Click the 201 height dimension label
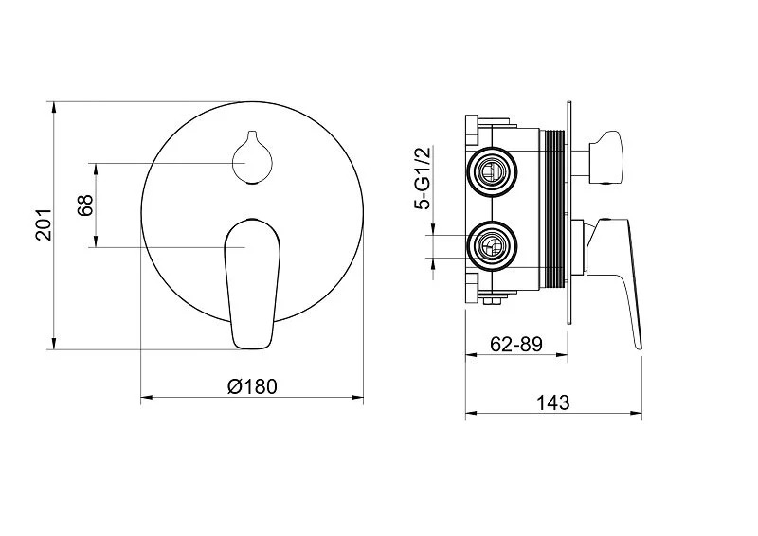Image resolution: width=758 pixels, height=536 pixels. [43, 224]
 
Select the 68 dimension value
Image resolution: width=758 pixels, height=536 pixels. [84, 205]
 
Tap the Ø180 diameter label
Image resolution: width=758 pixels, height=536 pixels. [252, 386]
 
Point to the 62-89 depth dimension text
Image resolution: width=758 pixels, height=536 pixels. [515, 344]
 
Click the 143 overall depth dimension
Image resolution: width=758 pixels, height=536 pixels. [553, 402]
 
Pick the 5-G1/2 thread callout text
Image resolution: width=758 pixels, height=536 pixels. [422, 178]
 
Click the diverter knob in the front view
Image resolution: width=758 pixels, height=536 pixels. [252, 157]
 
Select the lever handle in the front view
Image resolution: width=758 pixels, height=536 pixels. [252, 284]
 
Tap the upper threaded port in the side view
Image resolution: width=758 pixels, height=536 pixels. [492, 171]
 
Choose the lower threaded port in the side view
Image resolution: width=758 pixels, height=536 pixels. [492, 246]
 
